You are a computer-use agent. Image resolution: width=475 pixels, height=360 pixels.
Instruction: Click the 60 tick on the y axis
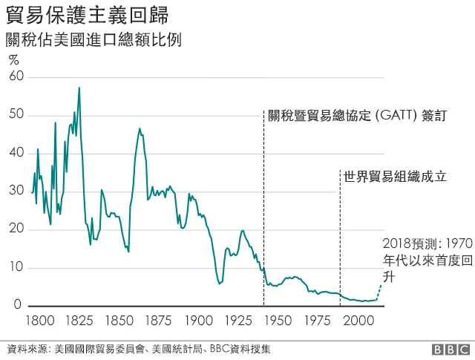point(16,76)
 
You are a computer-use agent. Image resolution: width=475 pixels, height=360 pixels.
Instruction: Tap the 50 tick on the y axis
point(16,115)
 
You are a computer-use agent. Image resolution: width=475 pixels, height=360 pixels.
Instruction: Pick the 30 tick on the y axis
point(16,192)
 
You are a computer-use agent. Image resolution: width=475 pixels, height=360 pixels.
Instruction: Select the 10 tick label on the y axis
point(16,267)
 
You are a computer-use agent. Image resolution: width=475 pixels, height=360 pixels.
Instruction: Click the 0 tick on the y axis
point(20,305)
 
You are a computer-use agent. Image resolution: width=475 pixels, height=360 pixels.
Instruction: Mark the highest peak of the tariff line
point(79,88)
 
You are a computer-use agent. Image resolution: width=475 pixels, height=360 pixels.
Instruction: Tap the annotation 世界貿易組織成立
point(394,177)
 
